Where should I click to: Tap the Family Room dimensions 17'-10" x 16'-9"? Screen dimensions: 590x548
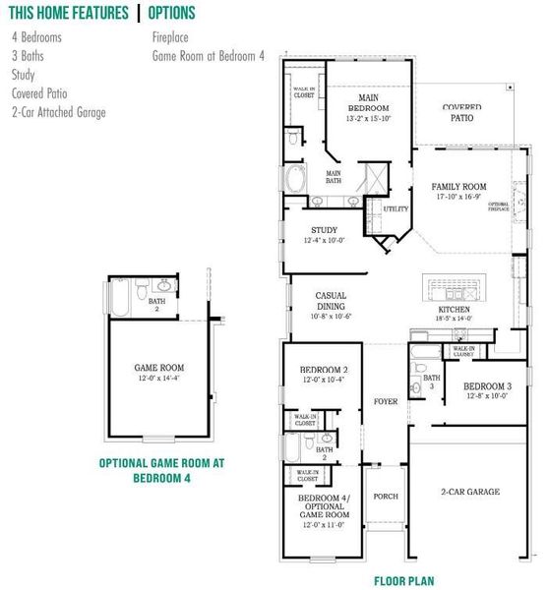459,197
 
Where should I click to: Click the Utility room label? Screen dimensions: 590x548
396,209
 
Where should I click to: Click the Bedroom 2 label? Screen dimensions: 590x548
321,370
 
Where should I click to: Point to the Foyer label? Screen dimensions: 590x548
386,402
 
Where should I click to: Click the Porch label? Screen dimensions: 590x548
386,496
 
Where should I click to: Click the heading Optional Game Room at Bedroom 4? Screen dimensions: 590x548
163,470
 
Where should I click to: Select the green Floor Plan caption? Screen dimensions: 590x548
403,581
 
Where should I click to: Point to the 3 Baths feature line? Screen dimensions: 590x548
28,56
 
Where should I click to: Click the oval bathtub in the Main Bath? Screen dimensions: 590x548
294,180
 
